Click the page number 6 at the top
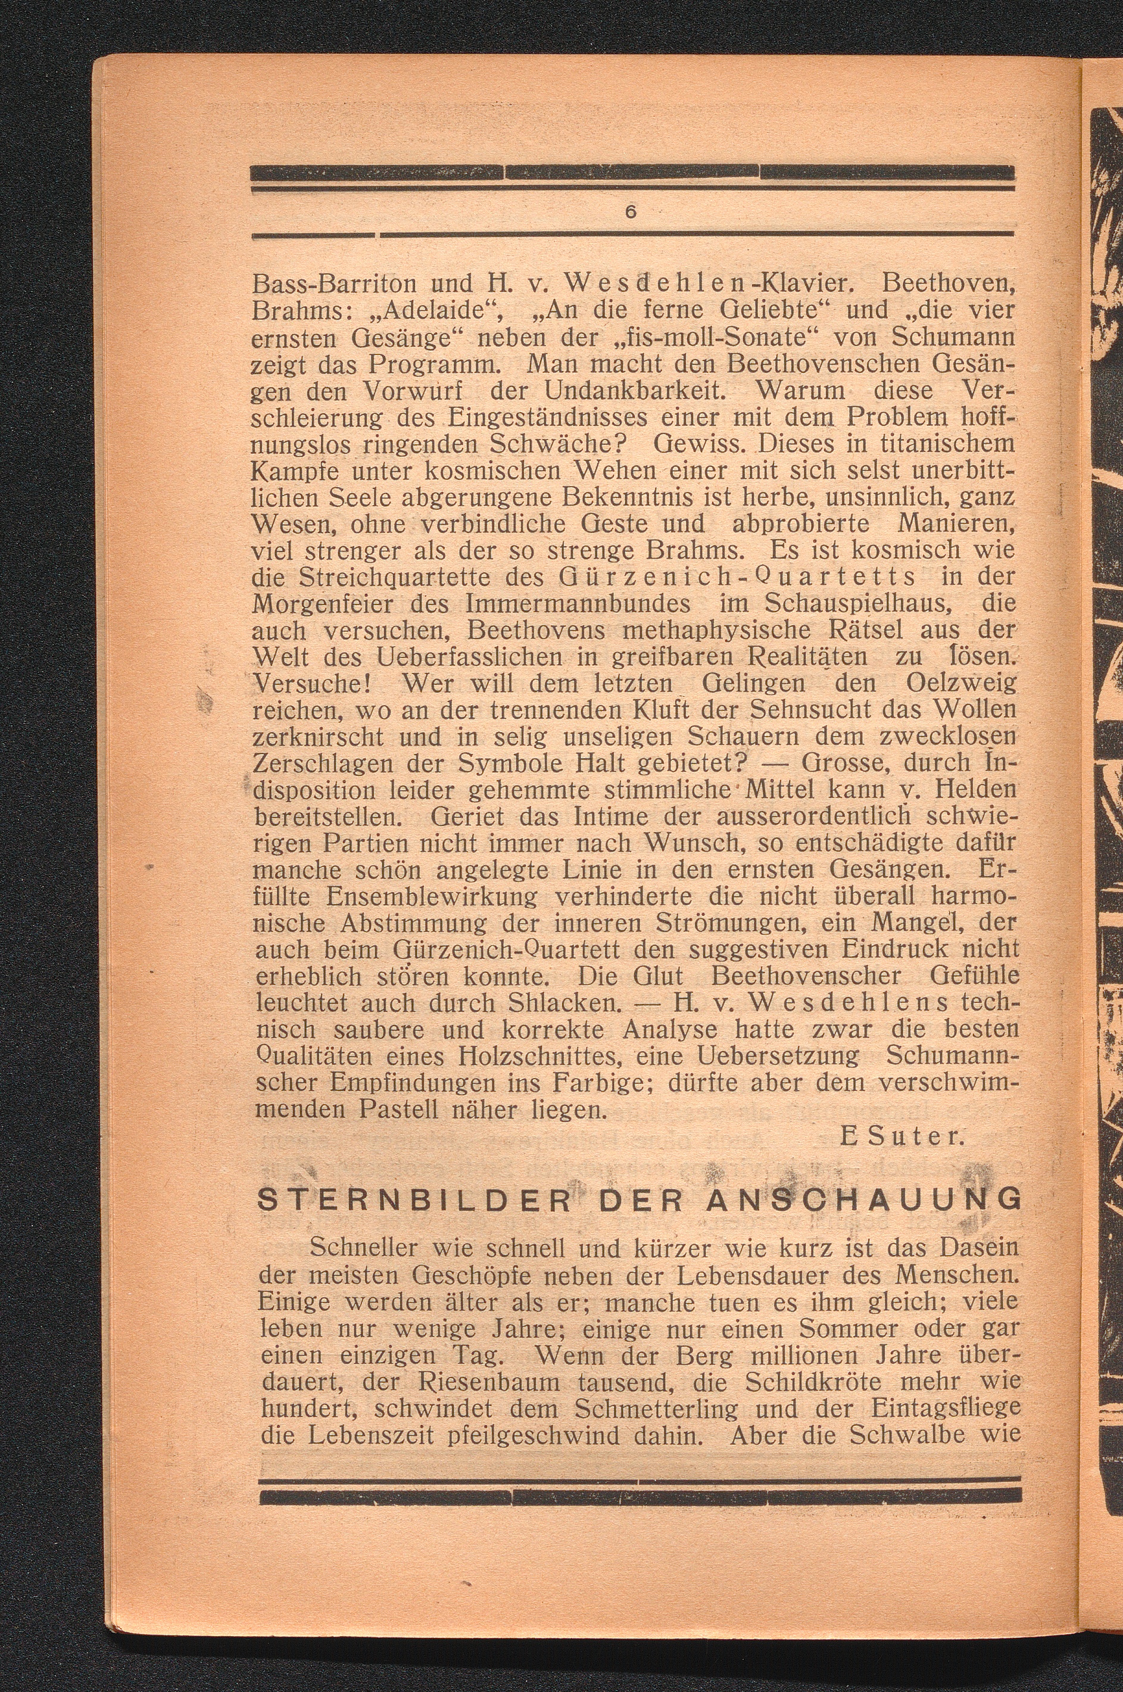[630, 211]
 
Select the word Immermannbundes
[577, 604]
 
